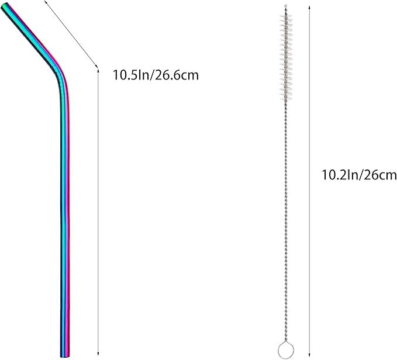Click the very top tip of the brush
coord(285,6)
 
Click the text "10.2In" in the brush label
coord(337,175)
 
